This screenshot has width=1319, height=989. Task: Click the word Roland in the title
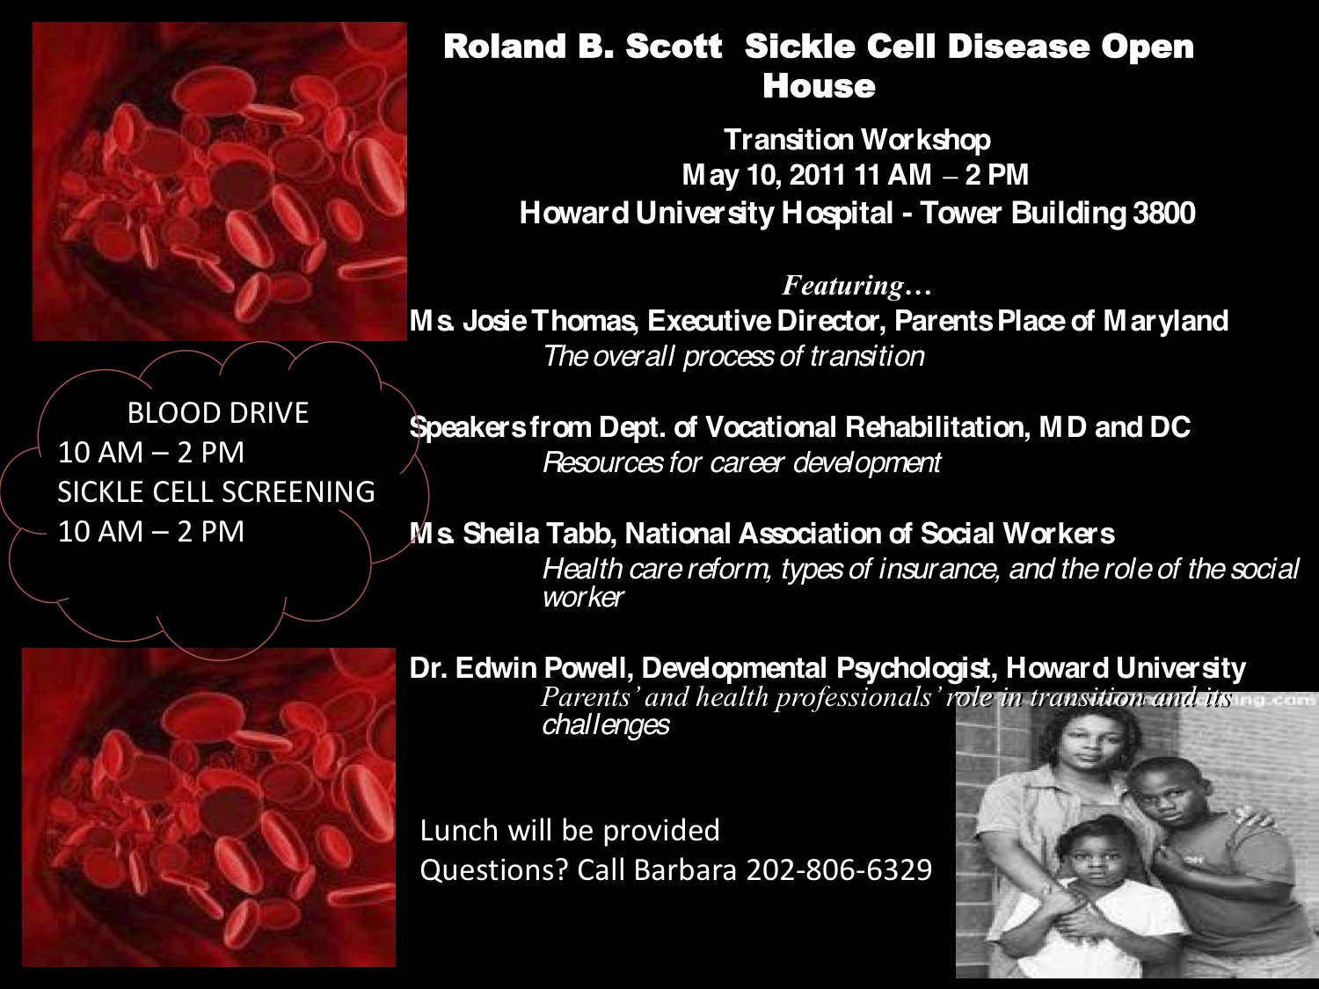505,47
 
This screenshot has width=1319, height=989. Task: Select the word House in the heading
819,86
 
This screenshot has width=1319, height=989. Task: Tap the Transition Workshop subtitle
856,140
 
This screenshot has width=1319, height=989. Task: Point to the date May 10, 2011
764,175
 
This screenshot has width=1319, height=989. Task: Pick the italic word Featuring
842,285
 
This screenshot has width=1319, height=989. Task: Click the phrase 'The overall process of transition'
733,357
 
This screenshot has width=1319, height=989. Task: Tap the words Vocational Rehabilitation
863,427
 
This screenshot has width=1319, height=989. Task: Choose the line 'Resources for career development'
741,462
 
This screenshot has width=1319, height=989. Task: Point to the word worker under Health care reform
583,597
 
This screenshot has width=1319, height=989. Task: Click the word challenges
606,724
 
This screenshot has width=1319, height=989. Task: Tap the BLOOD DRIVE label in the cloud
218,413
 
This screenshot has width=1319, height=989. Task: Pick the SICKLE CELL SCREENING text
216,491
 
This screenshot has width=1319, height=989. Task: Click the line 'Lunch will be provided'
570,831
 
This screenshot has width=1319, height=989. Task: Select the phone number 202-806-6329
840,869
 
